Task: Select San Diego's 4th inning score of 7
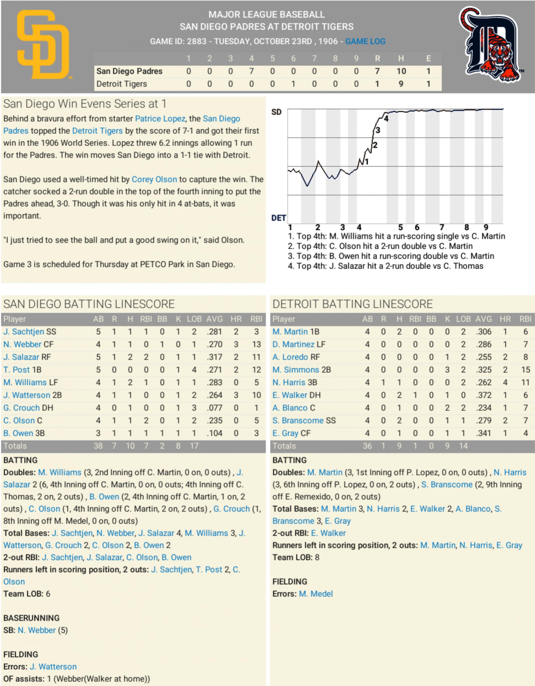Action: click(x=251, y=71)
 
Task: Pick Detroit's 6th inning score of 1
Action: click(x=293, y=84)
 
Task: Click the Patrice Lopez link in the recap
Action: click(x=160, y=119)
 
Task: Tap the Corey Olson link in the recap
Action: click(x=154, y=179)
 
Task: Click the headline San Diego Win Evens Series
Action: click(x=85, y=104)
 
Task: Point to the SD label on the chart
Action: click(x=276, y=112)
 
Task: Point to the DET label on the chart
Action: click(x=278, y=218)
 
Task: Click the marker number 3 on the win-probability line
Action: click(x=378, y=130)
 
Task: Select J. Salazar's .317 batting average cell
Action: click(x=214, y=357)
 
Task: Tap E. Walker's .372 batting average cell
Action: click(x=483, y=395)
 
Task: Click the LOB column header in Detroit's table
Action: click(x=463, y=319)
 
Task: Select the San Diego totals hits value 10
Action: click(x=130, y=446)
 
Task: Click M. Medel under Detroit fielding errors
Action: click(x=316, y=594)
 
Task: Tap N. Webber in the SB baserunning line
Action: click(x=36, y=631)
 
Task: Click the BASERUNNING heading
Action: click(x=31, y=618)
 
